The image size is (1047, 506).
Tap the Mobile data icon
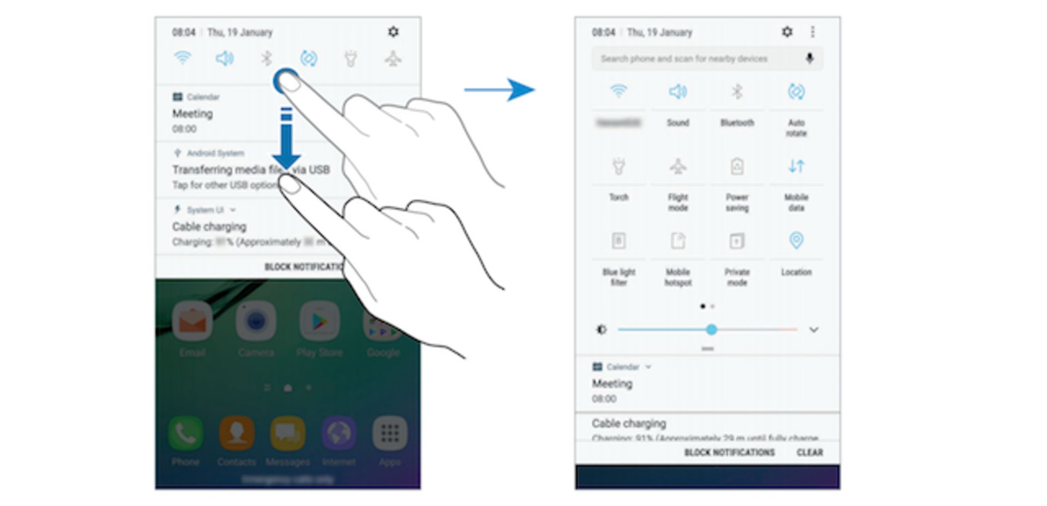[796, 166]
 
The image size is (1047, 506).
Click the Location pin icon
[796, 240]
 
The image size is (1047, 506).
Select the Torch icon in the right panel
[618, 166]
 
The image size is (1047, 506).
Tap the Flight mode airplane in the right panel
[678, 166]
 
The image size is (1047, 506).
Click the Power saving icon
[737, 166]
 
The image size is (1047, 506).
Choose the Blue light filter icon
[618, 241]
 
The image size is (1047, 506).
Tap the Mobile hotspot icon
[678, 241]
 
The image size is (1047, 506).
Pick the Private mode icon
[737, 241]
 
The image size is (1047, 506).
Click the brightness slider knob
[711, 330]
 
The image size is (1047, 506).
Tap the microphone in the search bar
[810, 58]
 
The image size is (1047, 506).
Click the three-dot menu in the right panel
[813, 32]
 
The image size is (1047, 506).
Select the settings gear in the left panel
[393, 32]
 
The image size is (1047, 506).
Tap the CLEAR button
[810, 453]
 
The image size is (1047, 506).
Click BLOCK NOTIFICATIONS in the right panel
[729, 453]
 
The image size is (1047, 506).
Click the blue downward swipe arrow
[286, 139]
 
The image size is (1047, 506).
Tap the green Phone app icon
[185, 433]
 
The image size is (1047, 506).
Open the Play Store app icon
[319, 322]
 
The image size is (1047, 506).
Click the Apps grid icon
[389, 433]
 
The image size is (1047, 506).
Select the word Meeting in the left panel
[192, 114]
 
